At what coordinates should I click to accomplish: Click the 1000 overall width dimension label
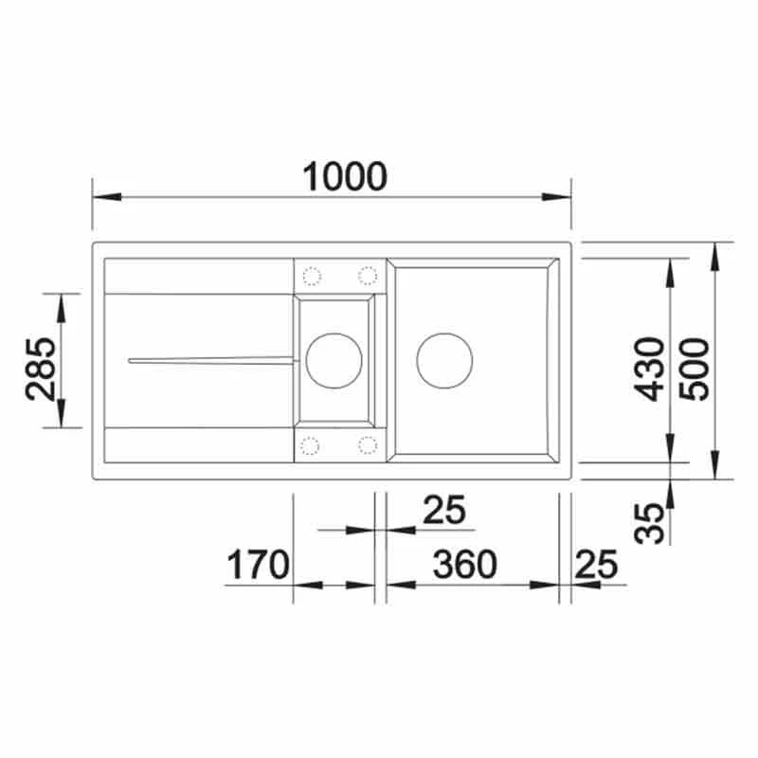point(344,176)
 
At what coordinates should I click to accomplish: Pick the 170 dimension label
point(257,566)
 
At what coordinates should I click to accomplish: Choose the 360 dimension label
point(464,565)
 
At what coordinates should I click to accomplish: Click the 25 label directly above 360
point(444,511)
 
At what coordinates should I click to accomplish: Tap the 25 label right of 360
point(595,565)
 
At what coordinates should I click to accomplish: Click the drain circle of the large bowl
point(444,359)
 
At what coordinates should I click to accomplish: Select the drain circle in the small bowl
point(333,360)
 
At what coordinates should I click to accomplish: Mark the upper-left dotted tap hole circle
point(311,276)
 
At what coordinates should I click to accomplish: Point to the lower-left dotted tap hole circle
point(311,443)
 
